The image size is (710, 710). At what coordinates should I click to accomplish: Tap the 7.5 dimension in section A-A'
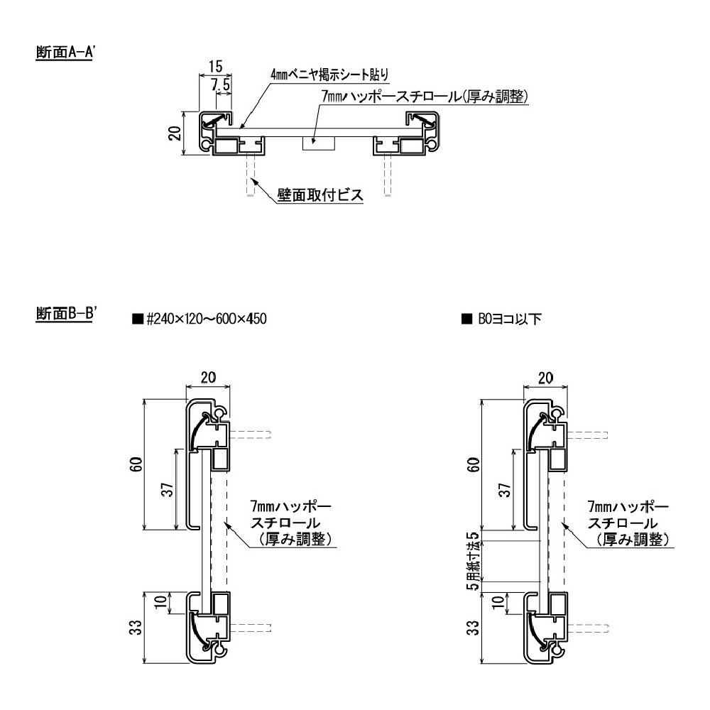click(x=221, y=84)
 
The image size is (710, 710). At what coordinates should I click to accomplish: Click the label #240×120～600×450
click(x=205, y=319)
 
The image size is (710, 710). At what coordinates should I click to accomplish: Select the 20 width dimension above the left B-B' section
click(x=207, y=378)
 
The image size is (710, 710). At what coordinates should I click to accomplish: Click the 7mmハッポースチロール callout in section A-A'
click(x=425, y=97)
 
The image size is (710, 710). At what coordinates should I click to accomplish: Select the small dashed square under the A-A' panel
click(x=317, y=143)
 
